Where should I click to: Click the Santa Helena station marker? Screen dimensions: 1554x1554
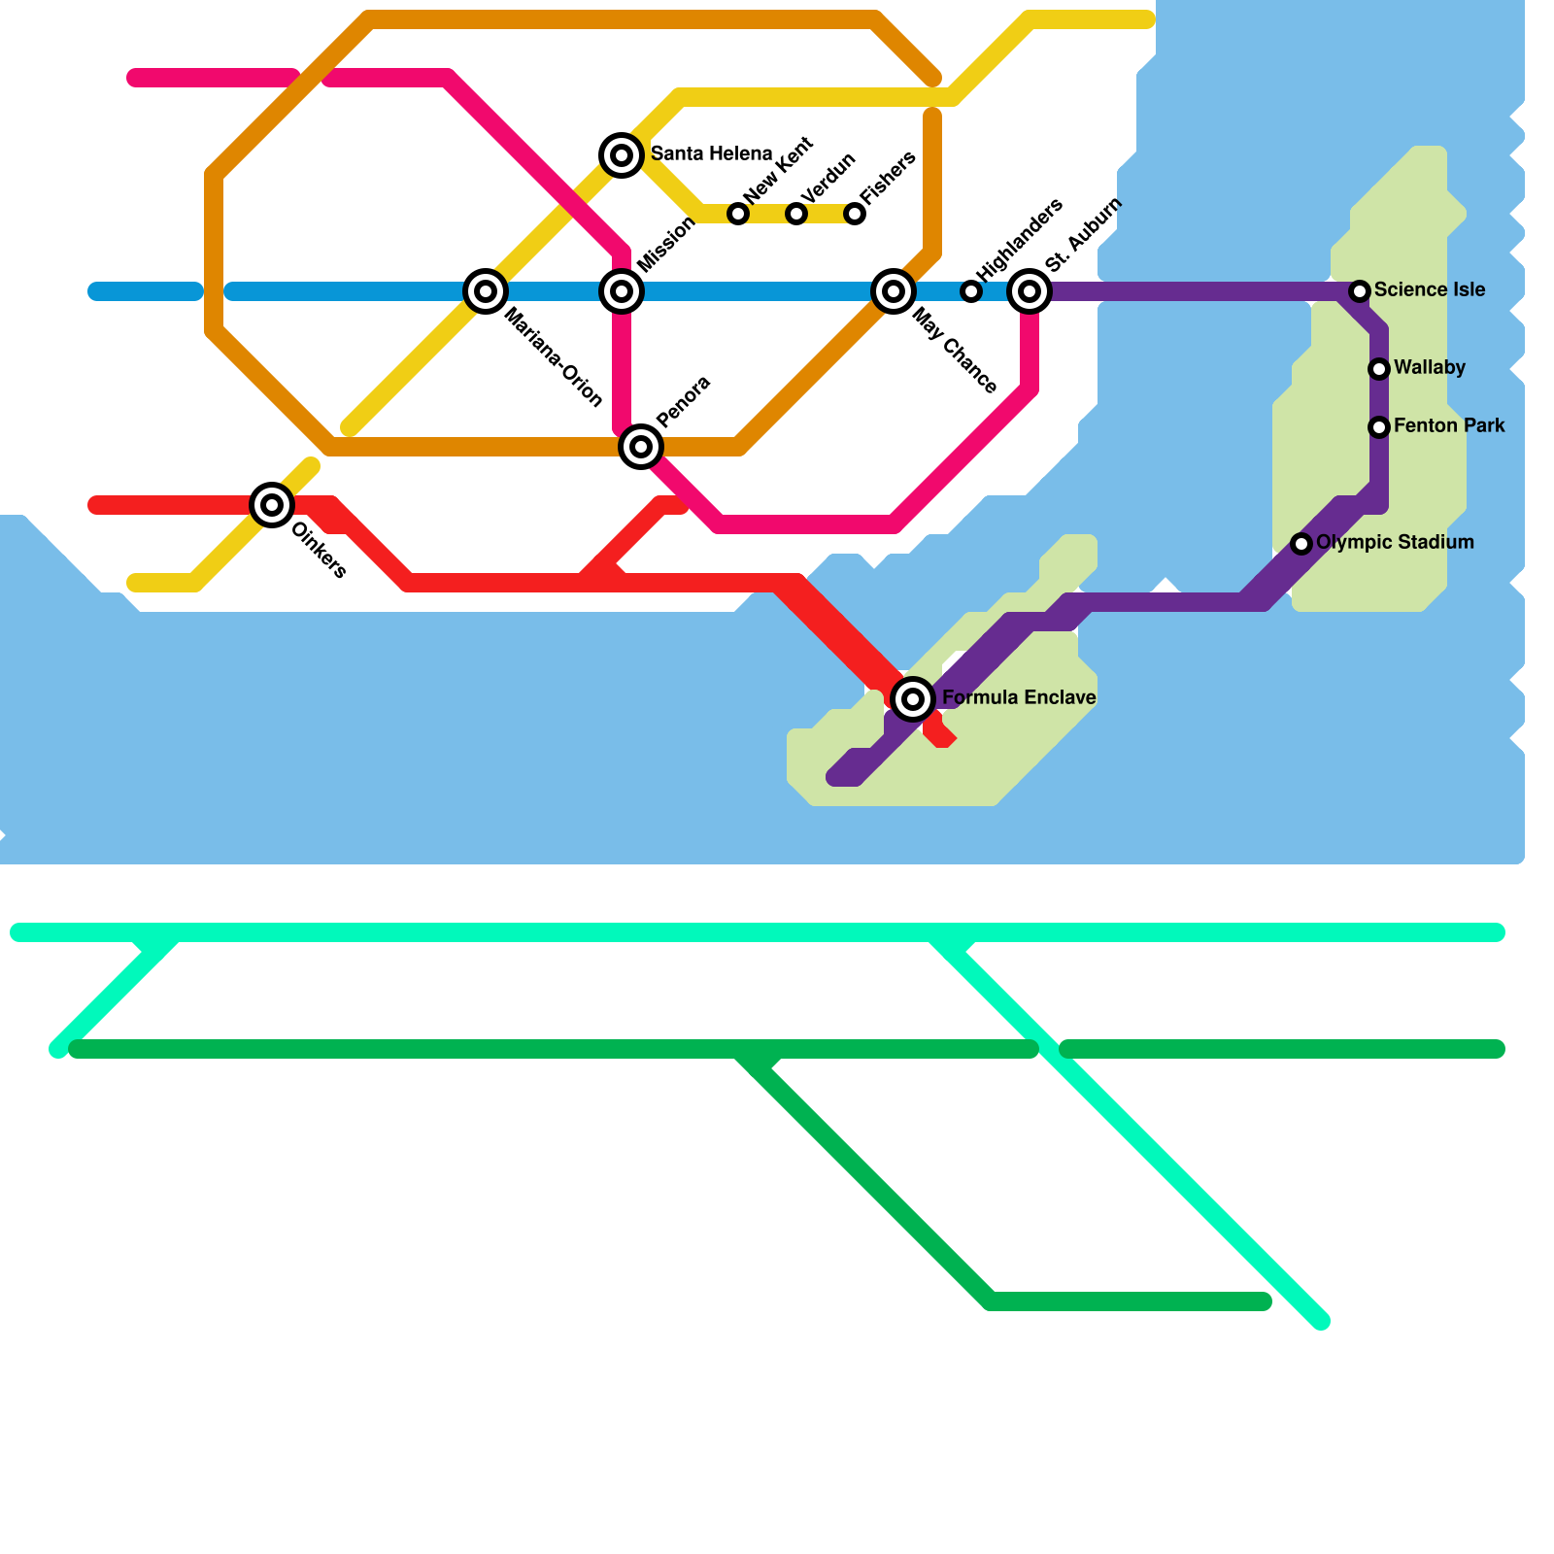(622, 154)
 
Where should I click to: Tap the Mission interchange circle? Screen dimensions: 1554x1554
(622, 290)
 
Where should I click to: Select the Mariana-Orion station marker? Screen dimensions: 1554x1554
(486, 290)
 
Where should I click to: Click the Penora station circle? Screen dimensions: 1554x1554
(641, 446)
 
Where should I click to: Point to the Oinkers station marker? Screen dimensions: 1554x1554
(272, 504)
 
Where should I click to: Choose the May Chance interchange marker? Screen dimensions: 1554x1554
(894, 290)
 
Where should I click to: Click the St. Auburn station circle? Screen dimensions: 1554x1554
(1030, 290)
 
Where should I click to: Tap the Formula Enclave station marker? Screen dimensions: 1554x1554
(913, 698)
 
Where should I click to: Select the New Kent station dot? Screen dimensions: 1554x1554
(738, 213)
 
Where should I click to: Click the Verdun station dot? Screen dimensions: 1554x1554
(796, 213)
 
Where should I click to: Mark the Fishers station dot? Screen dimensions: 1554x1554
(855, 213)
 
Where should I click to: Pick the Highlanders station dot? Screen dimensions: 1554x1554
(971, 290)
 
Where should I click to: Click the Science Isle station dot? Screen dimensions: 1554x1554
(1360, 290)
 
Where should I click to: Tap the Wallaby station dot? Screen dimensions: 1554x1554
(1379, 368)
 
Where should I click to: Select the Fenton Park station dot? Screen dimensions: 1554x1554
(1379, 426)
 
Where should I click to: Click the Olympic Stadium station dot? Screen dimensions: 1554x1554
(1301, 543)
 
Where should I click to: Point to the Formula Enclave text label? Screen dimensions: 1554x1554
(1019, 697)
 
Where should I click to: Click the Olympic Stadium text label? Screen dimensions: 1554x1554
(1395, 542)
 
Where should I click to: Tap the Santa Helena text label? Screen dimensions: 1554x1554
(711, 153)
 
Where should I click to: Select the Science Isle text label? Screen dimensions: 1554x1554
(1429, 289)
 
